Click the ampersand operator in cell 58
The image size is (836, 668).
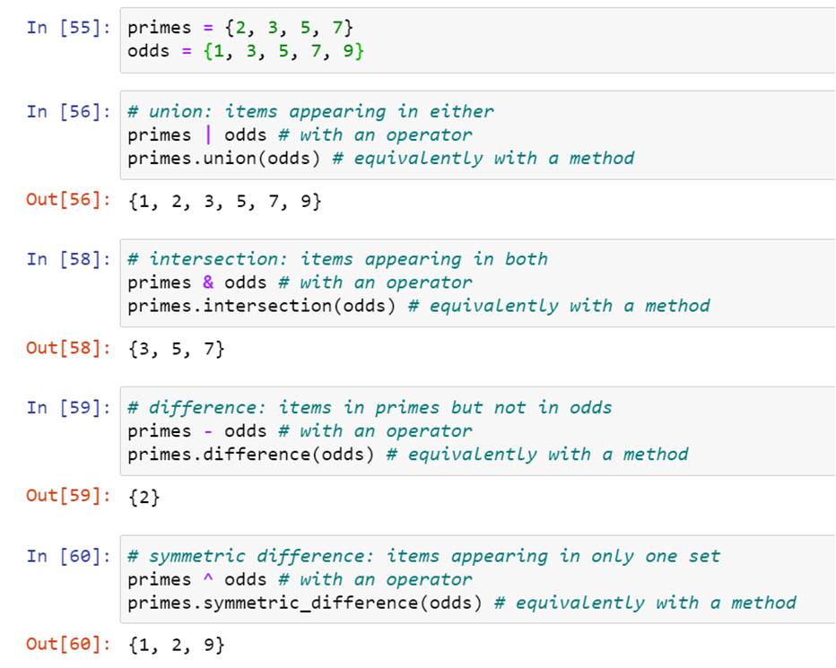[x=208, y=282]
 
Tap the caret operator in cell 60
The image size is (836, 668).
[x=208, y=579]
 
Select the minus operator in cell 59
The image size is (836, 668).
[x=208, y=431]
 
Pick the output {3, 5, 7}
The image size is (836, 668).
[x=176, y=349]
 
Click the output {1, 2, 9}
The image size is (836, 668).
[x=176, y=645]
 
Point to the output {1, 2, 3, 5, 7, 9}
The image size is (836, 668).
[x=224, y=201]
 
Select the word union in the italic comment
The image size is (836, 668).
[x=180, y=111]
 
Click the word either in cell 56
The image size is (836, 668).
[x=461, y=111]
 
